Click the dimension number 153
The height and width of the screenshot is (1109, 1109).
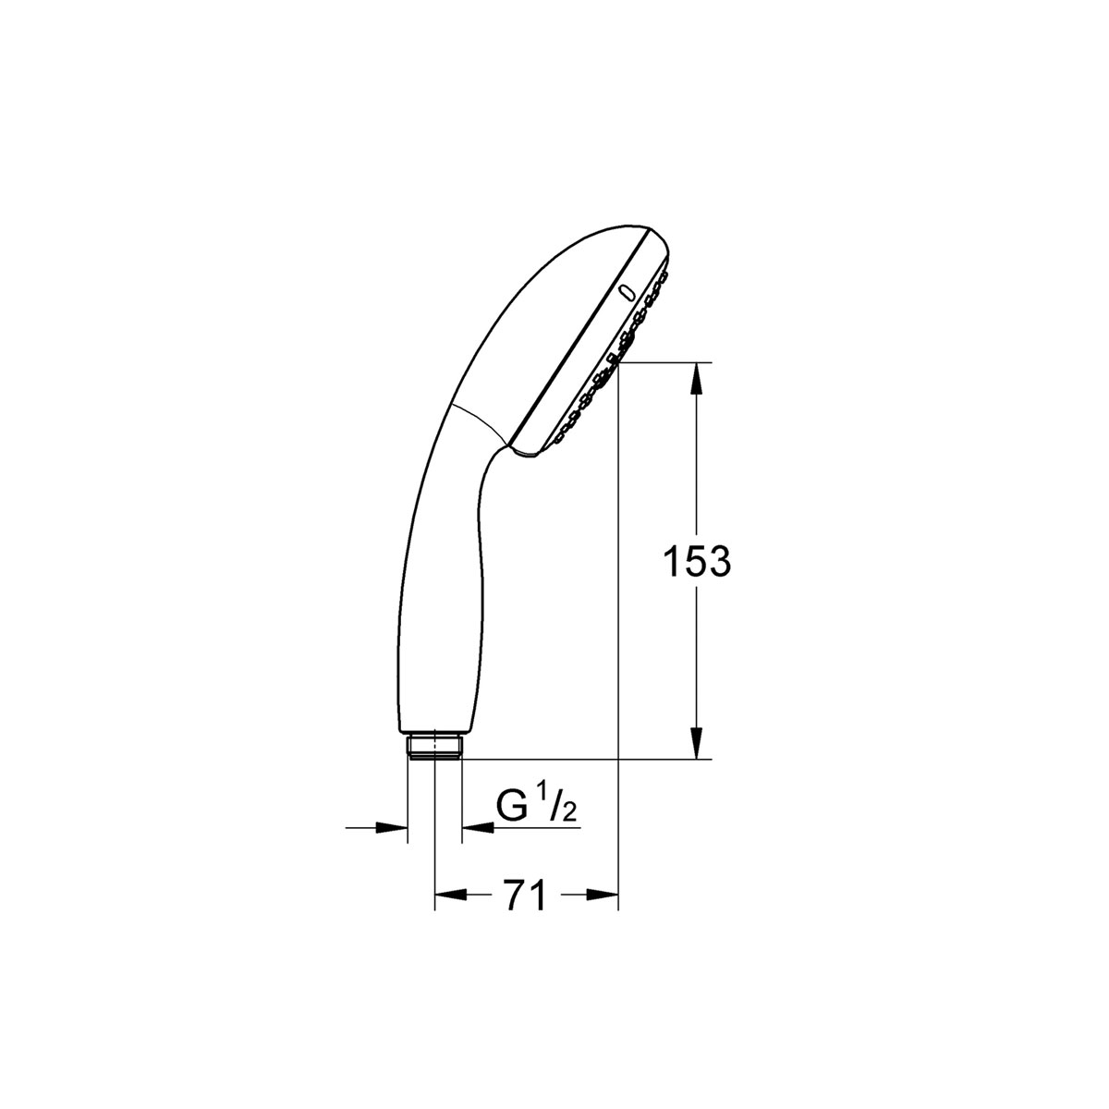(x=697, y=562)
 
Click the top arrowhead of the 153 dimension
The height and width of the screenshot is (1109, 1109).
(x=697, y=378)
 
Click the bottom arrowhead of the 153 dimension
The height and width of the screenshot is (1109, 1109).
(x=697, y=743)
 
